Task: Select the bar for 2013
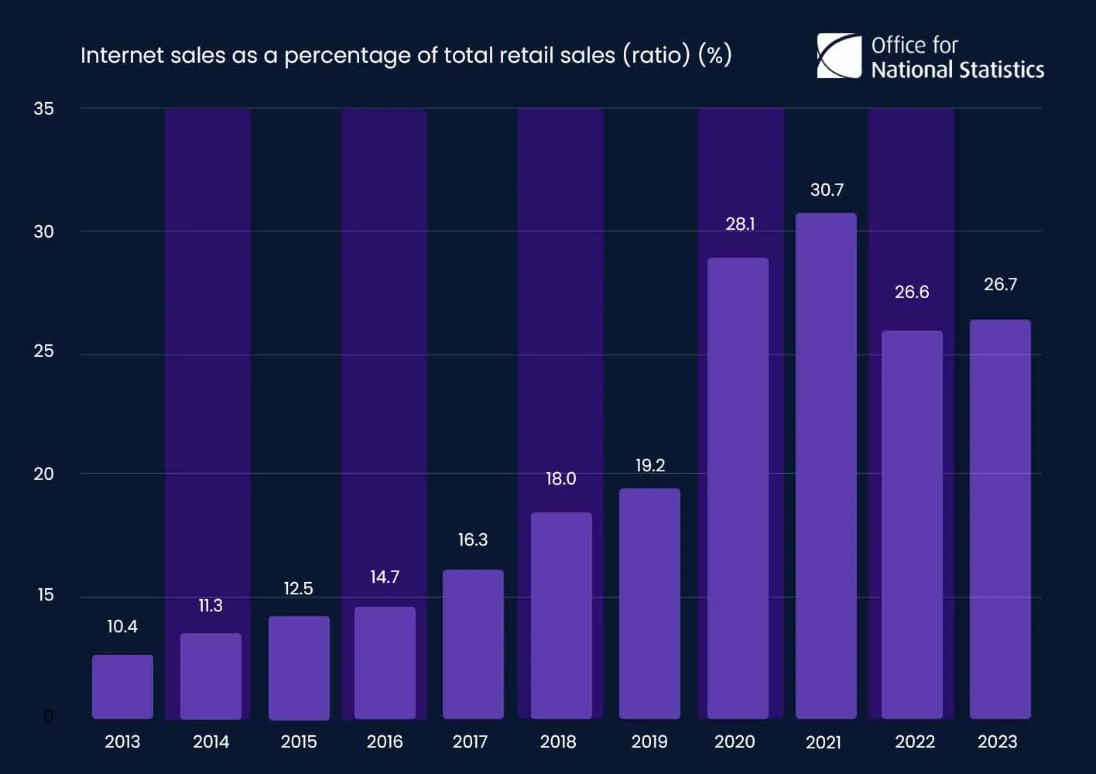[122, 687]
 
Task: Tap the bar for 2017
[473, 644]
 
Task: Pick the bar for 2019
[649, 604]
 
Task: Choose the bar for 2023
[1000, 519]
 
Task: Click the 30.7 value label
[827, 190]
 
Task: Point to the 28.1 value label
[740, 224]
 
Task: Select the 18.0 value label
[560, 478]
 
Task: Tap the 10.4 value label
[122, 626]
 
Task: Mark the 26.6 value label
[912, 292]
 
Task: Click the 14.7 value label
[385, 577]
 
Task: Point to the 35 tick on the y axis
[43, 108]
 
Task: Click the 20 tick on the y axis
[43, 474]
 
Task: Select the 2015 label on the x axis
[299, 741]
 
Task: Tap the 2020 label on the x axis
[735, 741]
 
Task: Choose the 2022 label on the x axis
[915, 741]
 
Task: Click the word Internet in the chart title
[118, 55]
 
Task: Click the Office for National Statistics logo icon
[839, 57]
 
